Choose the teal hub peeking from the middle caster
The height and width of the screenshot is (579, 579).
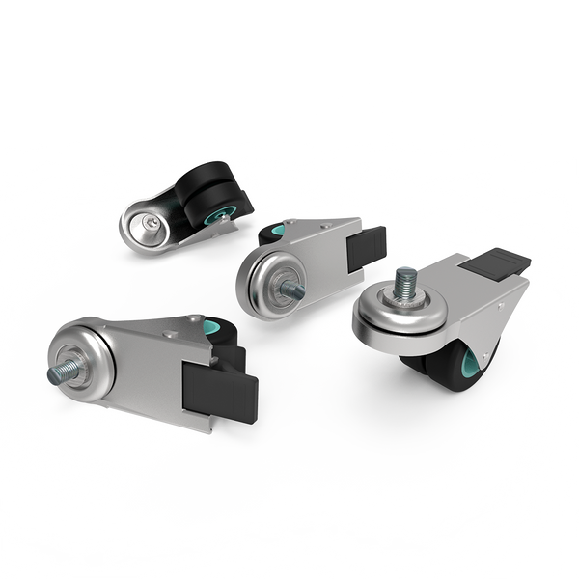coord(277,232)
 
